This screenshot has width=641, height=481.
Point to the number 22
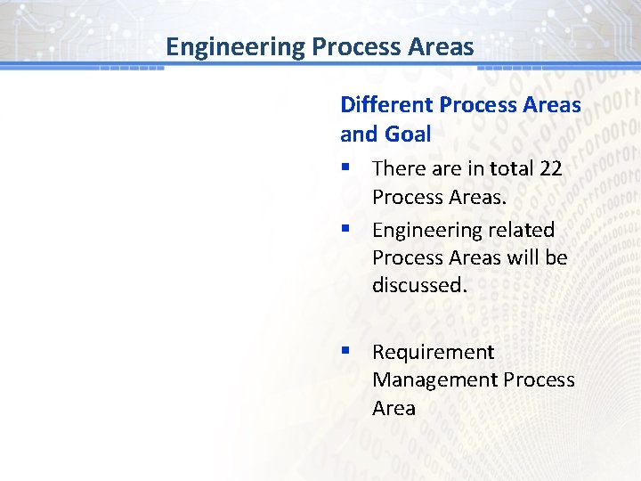550,168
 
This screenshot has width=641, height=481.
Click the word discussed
419,286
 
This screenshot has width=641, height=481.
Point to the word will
521,258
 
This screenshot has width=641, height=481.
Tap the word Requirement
433,353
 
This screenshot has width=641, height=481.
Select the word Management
434,380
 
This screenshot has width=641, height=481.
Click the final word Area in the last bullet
394,409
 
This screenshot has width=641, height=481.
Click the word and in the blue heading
359,135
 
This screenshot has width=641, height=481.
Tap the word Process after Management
539,380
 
